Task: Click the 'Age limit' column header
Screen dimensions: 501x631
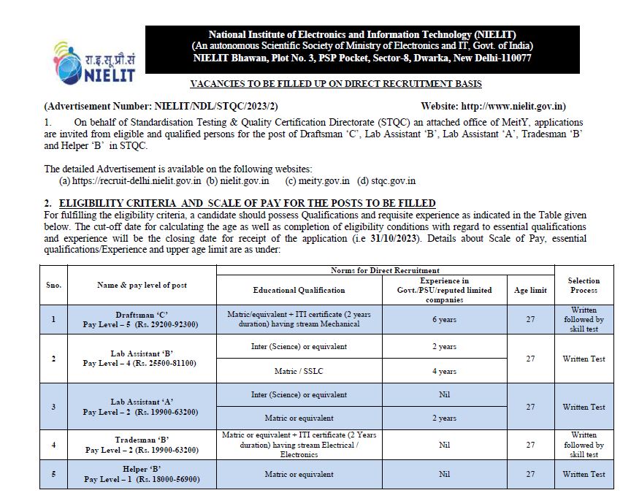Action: pyautogui.click(x=530, y=290)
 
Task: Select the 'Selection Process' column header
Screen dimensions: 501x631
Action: pyautogui.click(x=584, y=286)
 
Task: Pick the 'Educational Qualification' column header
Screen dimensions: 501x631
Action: pyautogui.click(x=299, y=290)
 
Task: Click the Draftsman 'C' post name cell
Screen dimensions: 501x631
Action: pyautogui.click(x=140, y=319)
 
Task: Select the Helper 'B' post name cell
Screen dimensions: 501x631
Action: pyautogui.click(x=140, y=474)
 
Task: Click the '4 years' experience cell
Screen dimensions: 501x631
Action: pyautogui.click(x=444, y=371)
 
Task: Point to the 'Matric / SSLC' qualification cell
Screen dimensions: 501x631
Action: pyautogui.click(x=299, y=371)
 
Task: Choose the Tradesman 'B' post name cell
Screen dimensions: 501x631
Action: pyautogui.click(x=140, y=445)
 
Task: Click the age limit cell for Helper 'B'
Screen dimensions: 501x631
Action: pyautogui.click(x=530, y=474)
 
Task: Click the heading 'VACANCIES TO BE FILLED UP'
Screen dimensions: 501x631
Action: pyautogui.click(x=335, y=85)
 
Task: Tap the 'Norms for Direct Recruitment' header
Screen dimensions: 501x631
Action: pyautogui.click(x=385, y=271)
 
